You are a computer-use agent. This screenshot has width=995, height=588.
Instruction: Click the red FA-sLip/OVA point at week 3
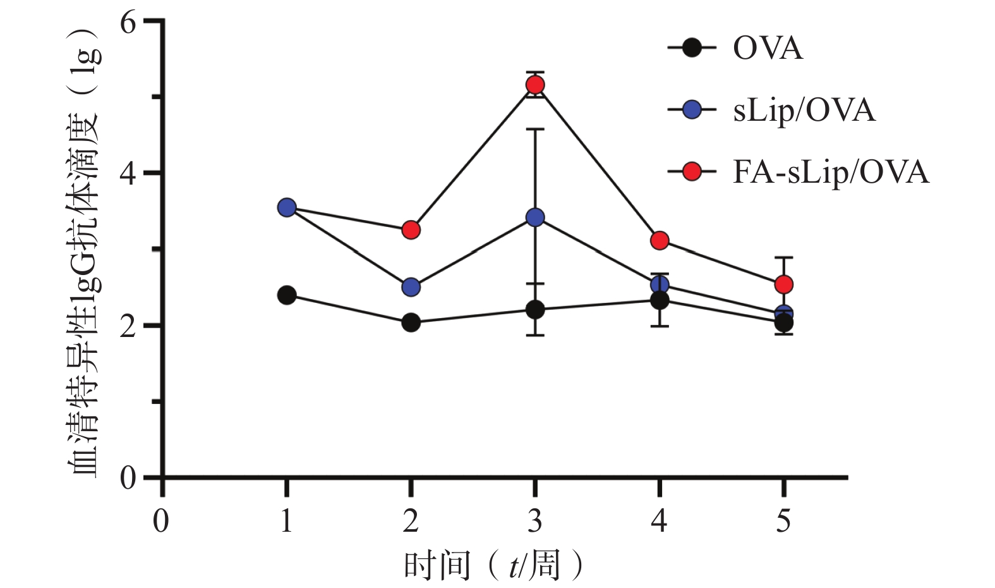click(x=535, y=85)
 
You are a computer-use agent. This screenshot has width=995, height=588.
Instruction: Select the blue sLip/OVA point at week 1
click(x=287, y=207)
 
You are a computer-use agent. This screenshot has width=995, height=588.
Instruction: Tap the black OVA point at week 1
click(x=287, y=295)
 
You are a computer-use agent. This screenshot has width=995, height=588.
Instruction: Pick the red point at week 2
click(x=411, y=230)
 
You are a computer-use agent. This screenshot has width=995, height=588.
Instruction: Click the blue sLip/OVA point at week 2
click(x=411, y=287)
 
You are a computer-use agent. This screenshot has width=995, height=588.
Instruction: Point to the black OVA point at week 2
click(x=411, y=322)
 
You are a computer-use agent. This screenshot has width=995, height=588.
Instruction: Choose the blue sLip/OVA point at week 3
click(x=535, y=217)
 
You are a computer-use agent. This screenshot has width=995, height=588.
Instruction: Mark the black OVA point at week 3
click(x=535, y=309)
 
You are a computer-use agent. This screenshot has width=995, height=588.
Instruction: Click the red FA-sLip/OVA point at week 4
click(x=660, y=240)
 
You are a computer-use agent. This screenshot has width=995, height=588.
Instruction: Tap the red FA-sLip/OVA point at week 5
click(x=784, y=285)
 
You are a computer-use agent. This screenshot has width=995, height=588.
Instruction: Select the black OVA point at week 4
click(x=660, y=300)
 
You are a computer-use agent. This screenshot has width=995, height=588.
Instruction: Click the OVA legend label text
click(x=768, y=49)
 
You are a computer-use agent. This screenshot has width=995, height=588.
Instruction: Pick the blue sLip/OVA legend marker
click(x=692, y=111)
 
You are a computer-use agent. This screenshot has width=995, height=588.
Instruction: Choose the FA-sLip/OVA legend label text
click(x=831, y=172)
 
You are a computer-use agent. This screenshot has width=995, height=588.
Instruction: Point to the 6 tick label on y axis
click(x=128, y=23)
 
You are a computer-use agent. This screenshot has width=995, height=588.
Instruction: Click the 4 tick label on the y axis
click(x=128, y=174)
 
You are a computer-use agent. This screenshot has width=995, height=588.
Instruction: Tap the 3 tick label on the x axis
click(x=535, y=521)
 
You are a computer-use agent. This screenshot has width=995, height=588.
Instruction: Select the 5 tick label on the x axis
click(x=784, y=521)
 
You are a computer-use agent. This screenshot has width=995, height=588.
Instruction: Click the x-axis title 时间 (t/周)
click(x=493, y=565)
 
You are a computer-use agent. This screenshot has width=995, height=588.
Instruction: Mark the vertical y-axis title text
click(x=83, y=253)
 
